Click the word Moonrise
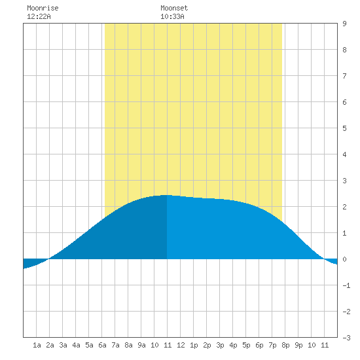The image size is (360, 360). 43,8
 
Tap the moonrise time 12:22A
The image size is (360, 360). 39,16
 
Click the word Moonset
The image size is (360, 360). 174,8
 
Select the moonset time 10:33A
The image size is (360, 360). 172,16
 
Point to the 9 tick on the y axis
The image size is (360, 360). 344,24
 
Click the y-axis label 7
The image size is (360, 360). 344,76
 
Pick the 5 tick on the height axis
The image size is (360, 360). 344,128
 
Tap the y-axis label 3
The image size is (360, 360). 344,181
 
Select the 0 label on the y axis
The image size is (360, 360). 344,259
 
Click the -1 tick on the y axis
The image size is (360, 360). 346,285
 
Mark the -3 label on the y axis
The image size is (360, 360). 346,338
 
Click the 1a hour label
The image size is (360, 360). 37,345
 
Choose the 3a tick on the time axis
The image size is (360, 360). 63,345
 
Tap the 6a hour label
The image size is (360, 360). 102,345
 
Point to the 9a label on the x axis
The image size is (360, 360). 141,345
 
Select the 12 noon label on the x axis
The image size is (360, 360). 181,345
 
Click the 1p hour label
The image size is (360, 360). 194,345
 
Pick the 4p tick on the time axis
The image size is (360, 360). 233,345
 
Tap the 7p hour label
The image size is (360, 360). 272,345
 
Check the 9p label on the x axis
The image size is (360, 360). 298,345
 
